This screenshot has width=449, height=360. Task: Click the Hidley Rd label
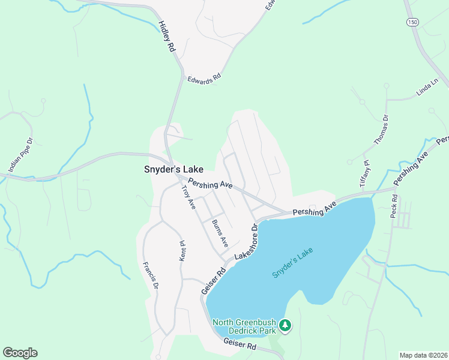pos(166,36)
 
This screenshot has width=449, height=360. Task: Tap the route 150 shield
pos(411,22)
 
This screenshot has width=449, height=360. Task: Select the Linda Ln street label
pos(427,88)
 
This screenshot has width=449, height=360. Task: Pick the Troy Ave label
pos(188,197)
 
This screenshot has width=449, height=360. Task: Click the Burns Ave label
pos(220,234)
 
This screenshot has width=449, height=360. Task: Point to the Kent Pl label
pos(183,251)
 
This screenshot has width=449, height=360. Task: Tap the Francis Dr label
pos(150,275)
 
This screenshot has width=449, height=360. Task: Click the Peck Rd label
pos(394,206)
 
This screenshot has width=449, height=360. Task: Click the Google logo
pos(20,353)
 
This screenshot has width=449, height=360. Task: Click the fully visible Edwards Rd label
pos(204,79)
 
